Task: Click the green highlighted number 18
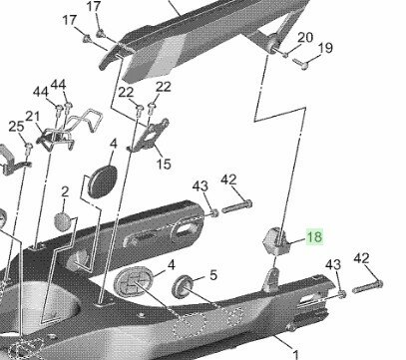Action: pos(314,236)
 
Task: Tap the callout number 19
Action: pos(325,48)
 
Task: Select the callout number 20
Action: pos(305,37)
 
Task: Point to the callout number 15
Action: pos(164,164)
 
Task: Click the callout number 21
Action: pos(33,117)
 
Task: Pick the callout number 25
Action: pos(16,127)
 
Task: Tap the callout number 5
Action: pos(213,275)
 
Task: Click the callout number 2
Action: pos(65,191)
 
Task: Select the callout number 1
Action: pos(295,353)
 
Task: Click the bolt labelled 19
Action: pos(300,64)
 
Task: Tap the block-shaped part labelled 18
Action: pos(276,241)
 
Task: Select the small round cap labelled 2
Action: pos(63,221)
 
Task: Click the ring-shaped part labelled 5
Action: pos(183,286)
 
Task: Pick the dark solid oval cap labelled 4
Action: pos(103,181)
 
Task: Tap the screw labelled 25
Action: pos(29,149)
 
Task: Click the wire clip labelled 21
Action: pos(71,132)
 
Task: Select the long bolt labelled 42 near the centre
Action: pos(236,206)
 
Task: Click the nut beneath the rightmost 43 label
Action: pos(341,293)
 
